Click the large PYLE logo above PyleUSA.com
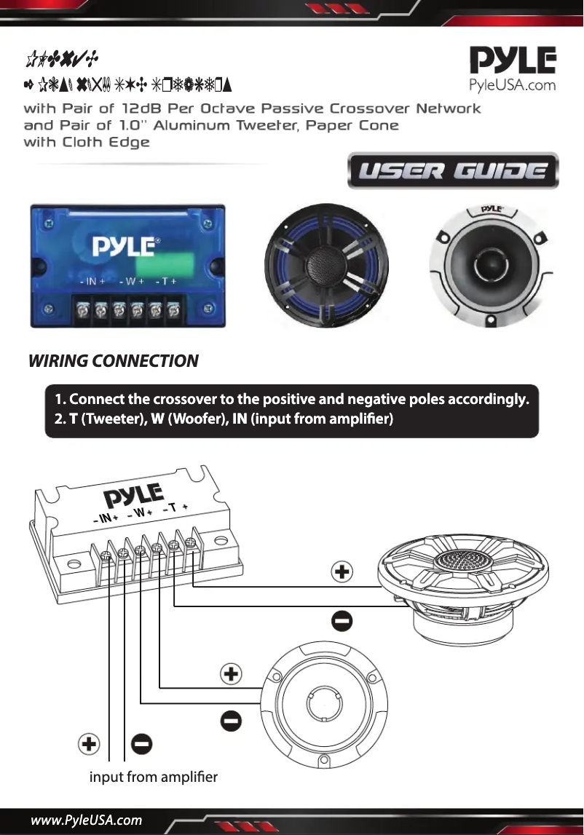512,61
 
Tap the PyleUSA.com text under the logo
512,85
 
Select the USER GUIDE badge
453,171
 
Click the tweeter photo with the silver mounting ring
491,264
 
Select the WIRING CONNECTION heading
113,361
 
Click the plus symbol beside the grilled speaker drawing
342,572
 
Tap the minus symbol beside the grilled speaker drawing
342,622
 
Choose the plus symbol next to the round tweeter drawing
231,674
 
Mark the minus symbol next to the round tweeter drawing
231,721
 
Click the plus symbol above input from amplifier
89,745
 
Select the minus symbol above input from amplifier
141,745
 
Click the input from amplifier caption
153,777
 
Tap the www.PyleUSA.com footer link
86,821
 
